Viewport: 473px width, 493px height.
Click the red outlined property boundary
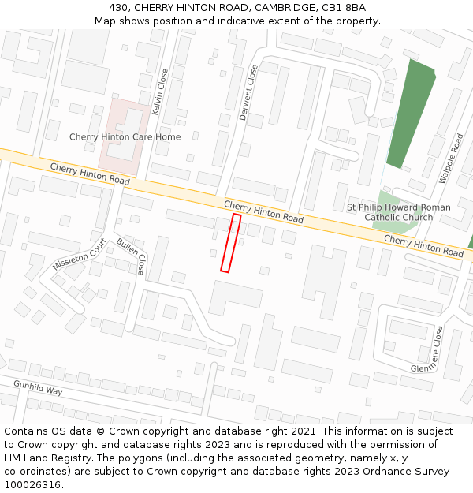230,243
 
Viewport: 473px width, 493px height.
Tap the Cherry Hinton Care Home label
125,137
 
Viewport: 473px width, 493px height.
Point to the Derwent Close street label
248,93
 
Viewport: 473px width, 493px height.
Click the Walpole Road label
452,159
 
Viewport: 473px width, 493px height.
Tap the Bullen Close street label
131,256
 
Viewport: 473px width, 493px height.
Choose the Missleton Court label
79,255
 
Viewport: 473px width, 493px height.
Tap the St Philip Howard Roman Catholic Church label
399,212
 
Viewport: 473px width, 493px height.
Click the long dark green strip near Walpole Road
410,114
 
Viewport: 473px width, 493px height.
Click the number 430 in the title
118,7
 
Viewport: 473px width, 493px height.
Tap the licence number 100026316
32,484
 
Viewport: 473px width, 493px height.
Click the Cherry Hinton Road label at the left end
89,174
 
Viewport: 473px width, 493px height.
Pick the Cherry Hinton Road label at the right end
423,245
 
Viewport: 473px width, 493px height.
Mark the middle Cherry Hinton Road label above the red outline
263,211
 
